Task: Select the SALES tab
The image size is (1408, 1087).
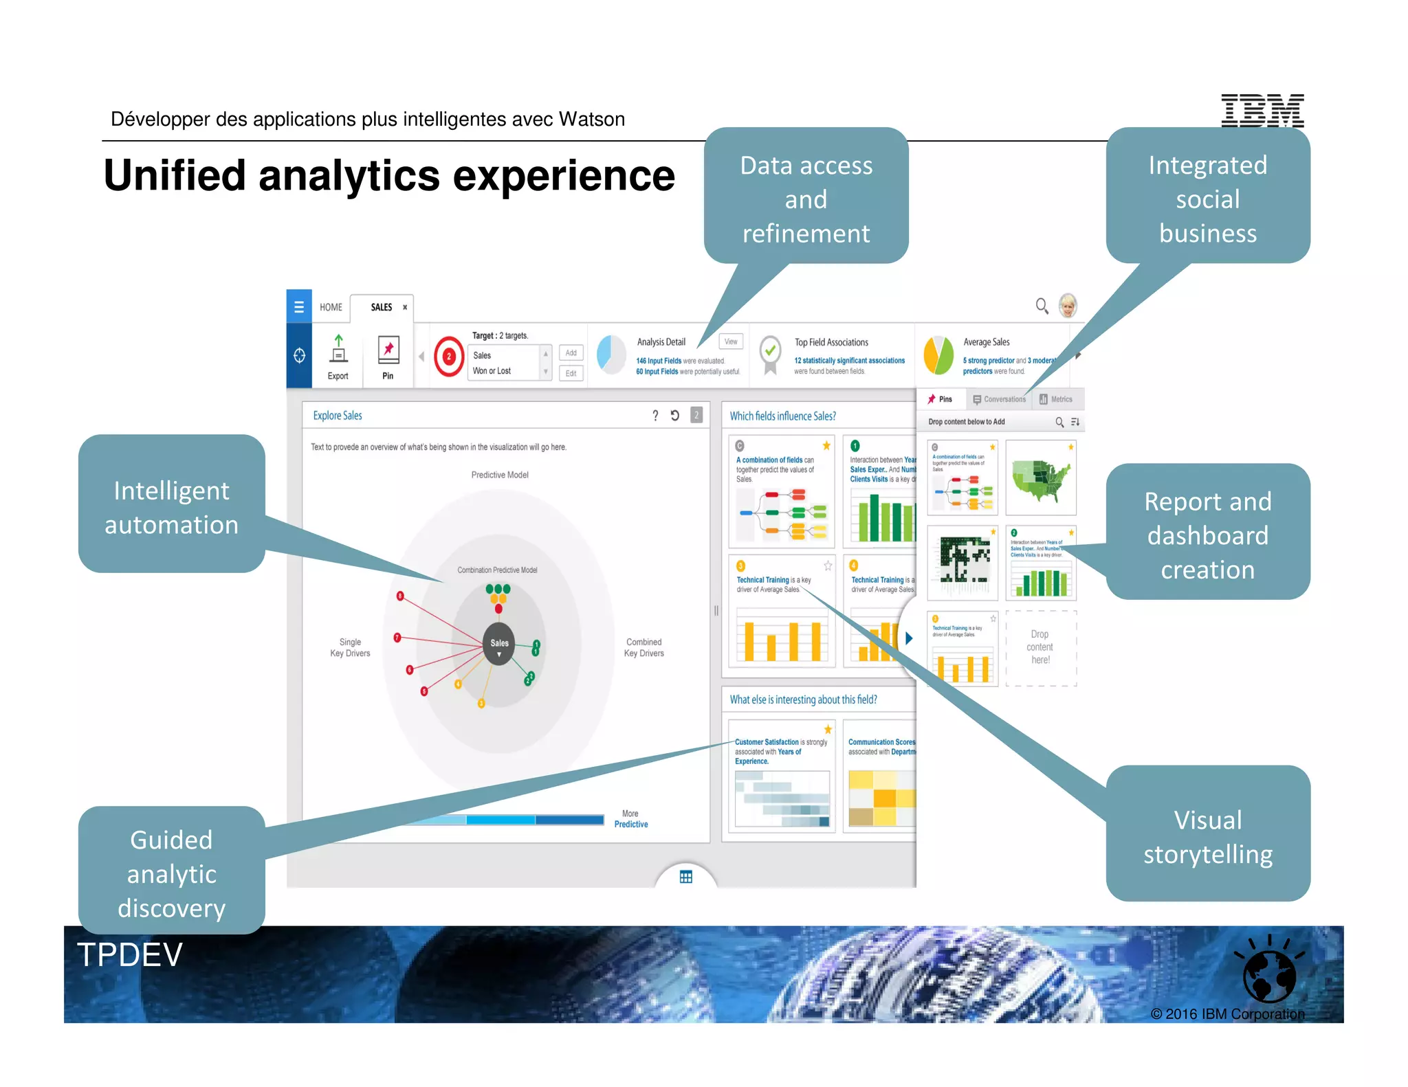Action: point(382,307)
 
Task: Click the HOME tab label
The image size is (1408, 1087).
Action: point(331,307)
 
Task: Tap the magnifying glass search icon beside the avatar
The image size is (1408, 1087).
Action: point(1042,306)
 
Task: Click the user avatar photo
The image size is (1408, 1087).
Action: point(1068,306)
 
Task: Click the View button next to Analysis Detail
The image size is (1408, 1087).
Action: point(730,341)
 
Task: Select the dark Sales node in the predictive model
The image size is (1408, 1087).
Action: point(499,644)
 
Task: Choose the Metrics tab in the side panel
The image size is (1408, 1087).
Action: point(1056,399)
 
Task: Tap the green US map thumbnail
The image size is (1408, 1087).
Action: point(1040,478)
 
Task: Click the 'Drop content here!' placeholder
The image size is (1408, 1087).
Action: point(1040,647)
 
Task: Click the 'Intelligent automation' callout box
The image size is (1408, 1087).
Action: point(171,507)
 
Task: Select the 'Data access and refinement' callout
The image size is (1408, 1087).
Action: point(806,199)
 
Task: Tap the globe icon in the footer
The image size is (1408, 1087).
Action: point(1268,976)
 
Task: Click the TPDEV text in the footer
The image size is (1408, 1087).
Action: point(130,955)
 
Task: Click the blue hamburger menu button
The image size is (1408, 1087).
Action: point(299,306)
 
